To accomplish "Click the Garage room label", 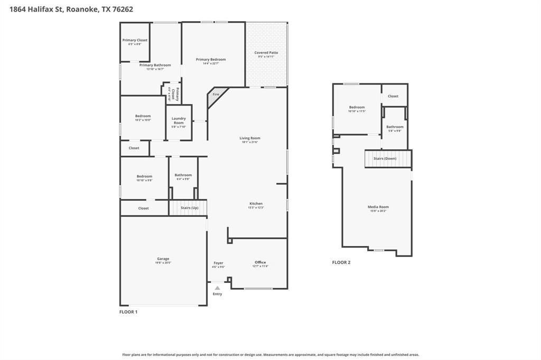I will [x=163, y=259].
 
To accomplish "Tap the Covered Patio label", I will [x=266, y=53].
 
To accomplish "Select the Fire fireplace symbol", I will [x=216, y=94].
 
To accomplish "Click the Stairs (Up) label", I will [x=190, y=208].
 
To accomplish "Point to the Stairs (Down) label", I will [x=385, y=158].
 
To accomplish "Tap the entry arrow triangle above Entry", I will [x=217, y=288].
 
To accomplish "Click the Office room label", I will [x=260, y=262].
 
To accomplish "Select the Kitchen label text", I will [x=256, y=204].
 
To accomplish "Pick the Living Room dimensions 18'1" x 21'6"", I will [x=250, y=142].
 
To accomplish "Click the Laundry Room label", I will [x=179, y=120].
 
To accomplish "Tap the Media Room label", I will [x=378, y=207].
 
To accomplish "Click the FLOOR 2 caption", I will [x=341, y=262].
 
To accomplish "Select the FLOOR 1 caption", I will [x=128, y=312].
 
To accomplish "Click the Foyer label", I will [x=218, y=263].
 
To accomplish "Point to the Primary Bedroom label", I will [x=211, y=60].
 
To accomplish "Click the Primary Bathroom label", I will [x=155, y=65].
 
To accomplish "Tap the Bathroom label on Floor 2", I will [x=395, y=127].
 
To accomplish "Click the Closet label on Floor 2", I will [x=393, y=96].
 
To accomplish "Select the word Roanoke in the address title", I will [x=82, y=9].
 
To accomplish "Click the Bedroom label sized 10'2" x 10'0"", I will [x=143, y=116].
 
